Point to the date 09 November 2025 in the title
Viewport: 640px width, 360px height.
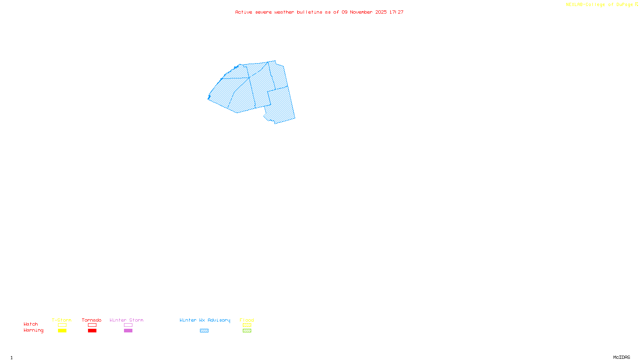364,12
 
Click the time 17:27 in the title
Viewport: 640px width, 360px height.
396,12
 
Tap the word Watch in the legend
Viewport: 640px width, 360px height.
31,324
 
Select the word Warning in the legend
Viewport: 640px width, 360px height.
33,330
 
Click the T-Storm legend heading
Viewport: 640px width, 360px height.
62,320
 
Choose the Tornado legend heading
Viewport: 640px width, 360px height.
92,320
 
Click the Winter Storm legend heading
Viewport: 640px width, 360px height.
126,320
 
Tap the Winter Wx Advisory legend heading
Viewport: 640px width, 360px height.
205,320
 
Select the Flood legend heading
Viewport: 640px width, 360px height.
247,320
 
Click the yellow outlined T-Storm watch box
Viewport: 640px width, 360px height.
62,325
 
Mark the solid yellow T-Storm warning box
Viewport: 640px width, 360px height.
62,331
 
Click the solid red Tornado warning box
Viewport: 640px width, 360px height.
92,331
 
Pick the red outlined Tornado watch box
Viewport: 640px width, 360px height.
92,325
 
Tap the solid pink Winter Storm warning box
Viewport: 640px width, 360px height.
128,331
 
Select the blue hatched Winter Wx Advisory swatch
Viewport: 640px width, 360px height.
204,331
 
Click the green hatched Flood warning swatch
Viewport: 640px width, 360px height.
247,331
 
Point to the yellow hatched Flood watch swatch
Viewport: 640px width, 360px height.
247,325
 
